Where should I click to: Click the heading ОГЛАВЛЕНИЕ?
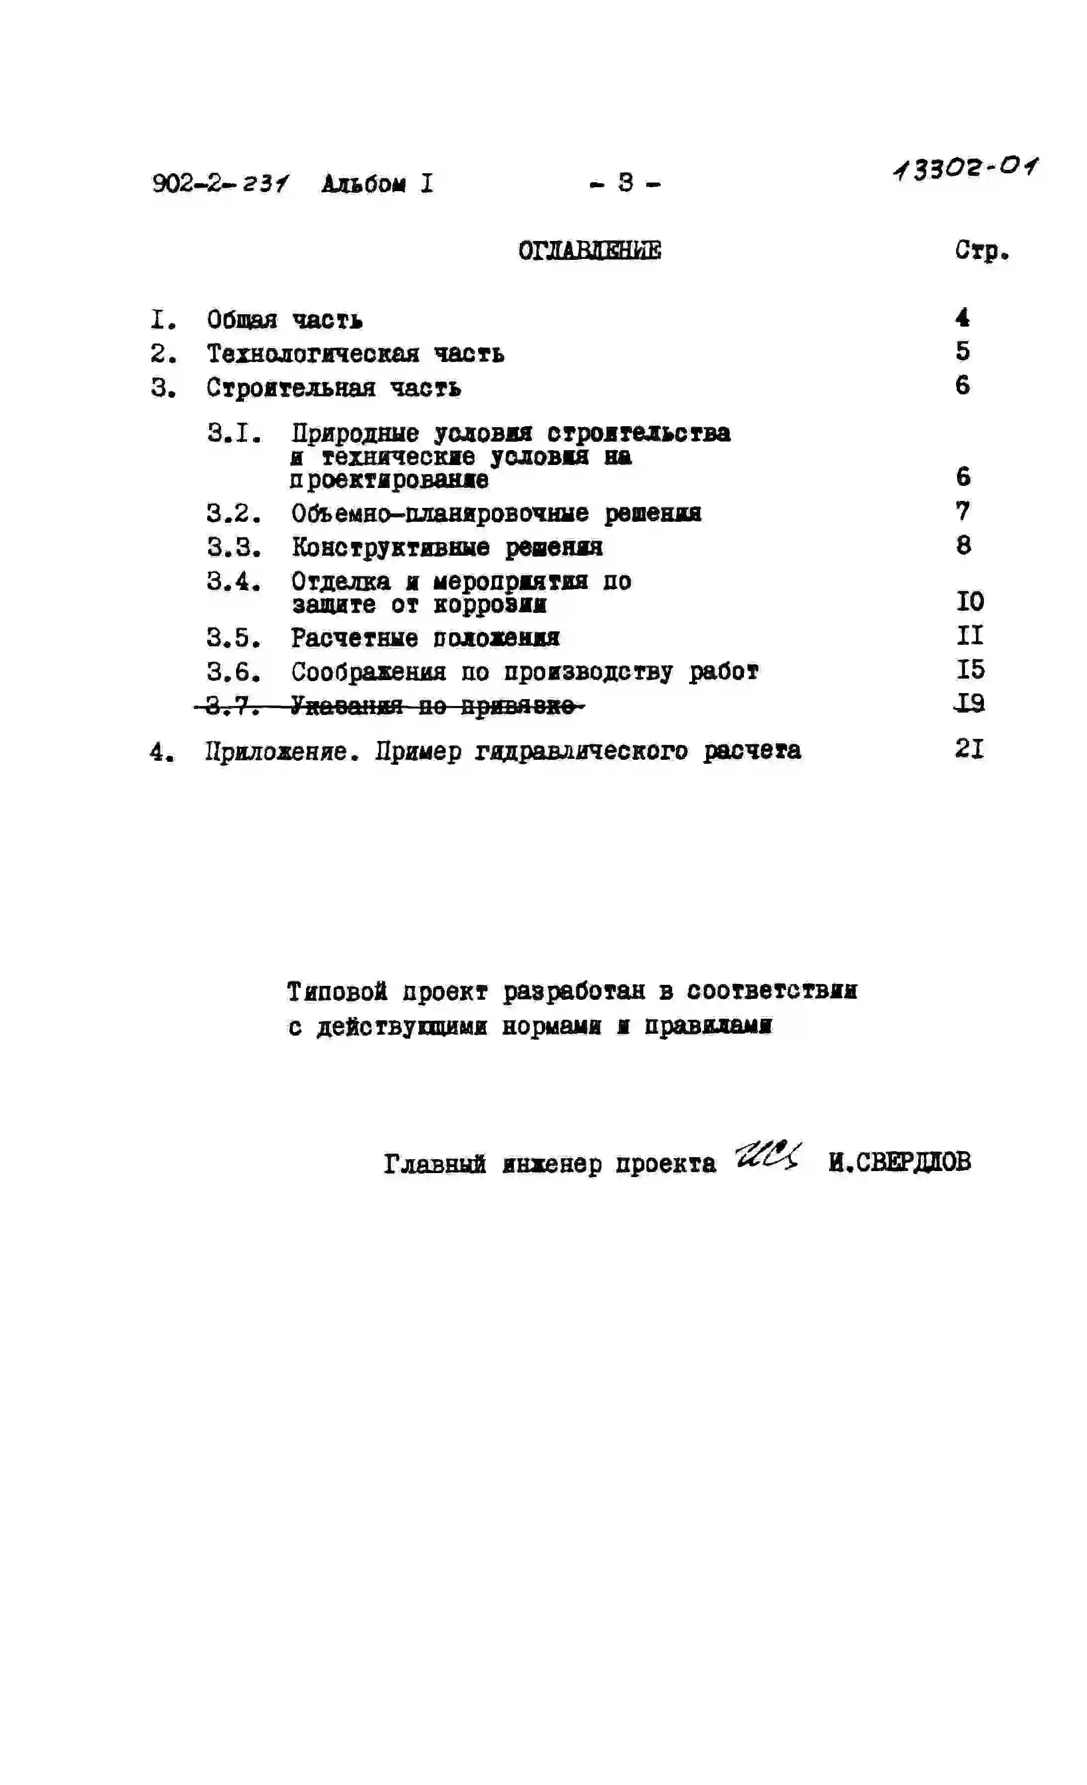(x=589, y=250)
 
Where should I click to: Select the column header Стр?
(x=981, y=250)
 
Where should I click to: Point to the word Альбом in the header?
(x=364, y=184)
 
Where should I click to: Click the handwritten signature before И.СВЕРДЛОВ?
(x=767, y=1155)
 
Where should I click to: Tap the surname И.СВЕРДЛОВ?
(x=899, y=1162)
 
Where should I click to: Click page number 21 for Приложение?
(x=969, y=748)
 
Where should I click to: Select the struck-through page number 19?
(x=969, y=703)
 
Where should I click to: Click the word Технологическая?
(x=313, y=354)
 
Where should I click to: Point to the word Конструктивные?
(x=390, y=547)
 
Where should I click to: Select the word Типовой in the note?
(x=337, y=991)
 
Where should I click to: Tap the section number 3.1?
(x=234, y=433)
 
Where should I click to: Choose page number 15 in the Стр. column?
(x=969, y=669)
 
